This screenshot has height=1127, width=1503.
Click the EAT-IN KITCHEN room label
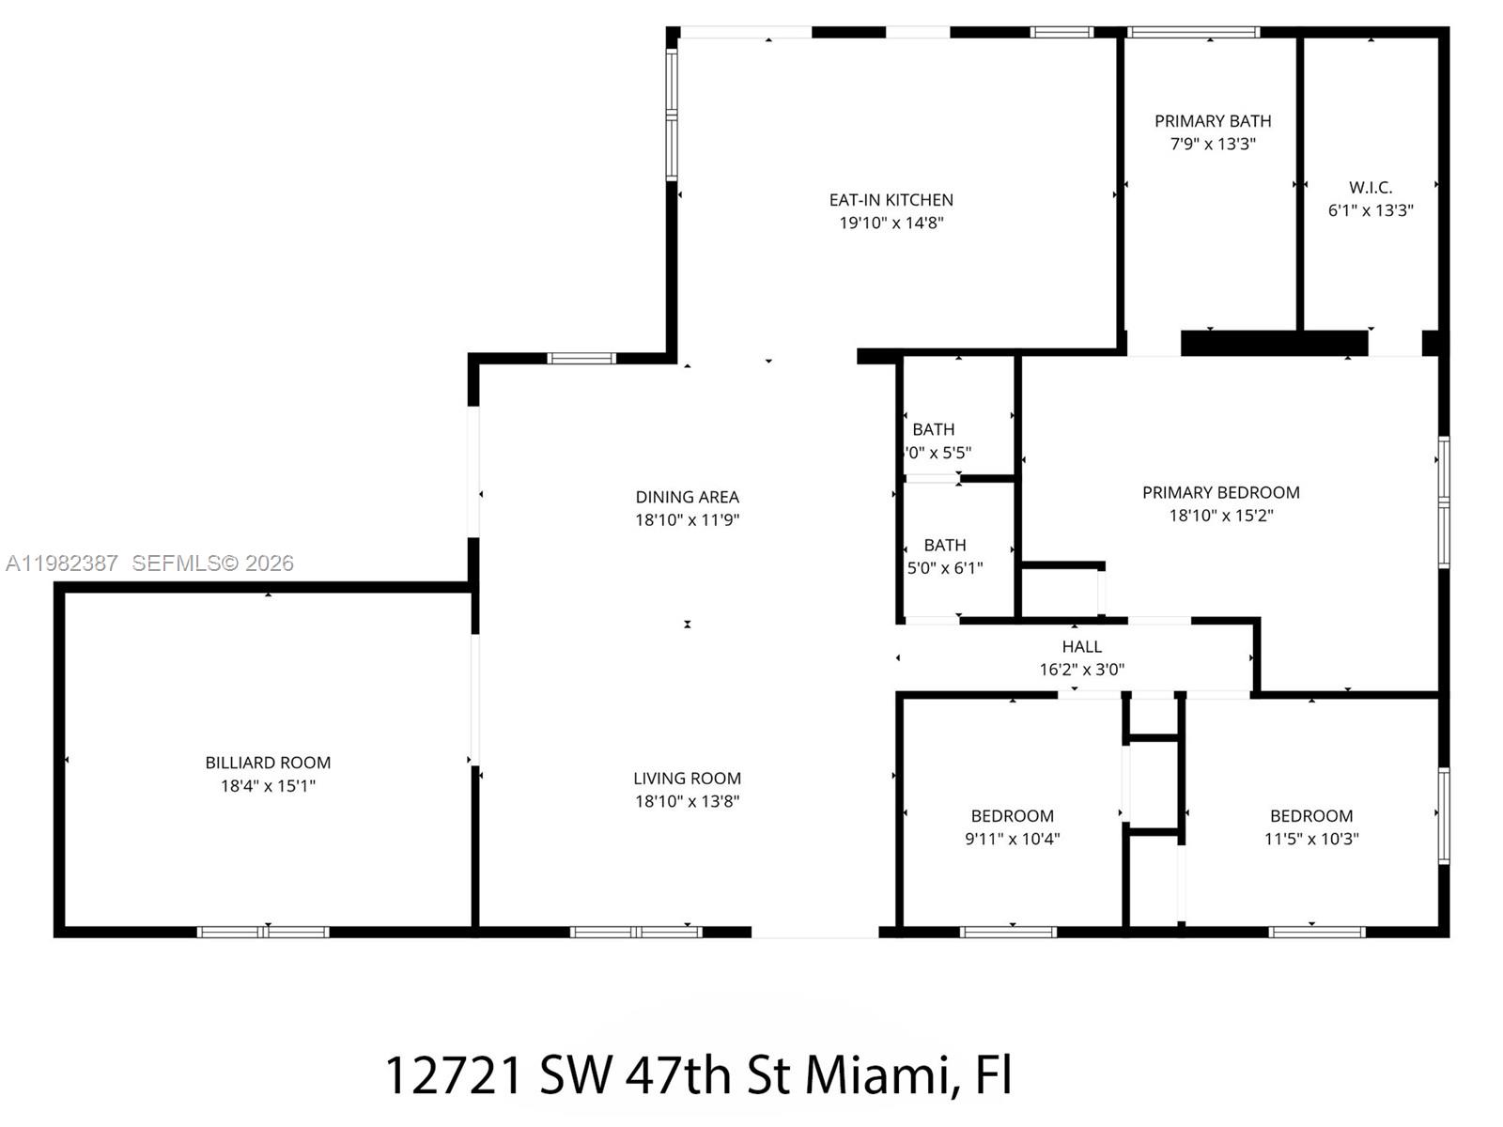891,200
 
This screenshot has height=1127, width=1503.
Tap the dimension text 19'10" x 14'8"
891,224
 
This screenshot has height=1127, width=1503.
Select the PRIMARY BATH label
1213,121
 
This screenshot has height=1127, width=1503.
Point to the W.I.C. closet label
1371,188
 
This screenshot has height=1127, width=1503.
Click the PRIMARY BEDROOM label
1220,492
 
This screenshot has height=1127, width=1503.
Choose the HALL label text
1081,647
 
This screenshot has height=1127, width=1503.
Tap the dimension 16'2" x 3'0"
1081,670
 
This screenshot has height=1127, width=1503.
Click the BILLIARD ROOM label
268,763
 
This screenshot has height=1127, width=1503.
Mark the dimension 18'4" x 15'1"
268,786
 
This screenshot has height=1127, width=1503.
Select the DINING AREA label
687,497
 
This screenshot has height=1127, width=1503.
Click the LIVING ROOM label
687,779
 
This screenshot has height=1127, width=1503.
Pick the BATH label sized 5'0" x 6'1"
944,545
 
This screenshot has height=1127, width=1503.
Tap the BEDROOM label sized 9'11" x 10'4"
1012,816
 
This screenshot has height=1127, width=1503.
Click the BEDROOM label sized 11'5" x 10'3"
1310,816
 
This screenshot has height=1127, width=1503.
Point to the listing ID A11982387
62,563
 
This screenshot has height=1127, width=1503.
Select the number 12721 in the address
453,1075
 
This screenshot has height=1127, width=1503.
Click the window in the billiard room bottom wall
263,932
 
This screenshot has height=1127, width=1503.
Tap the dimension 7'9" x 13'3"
1213,145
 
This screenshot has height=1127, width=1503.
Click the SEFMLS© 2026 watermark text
212,563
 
